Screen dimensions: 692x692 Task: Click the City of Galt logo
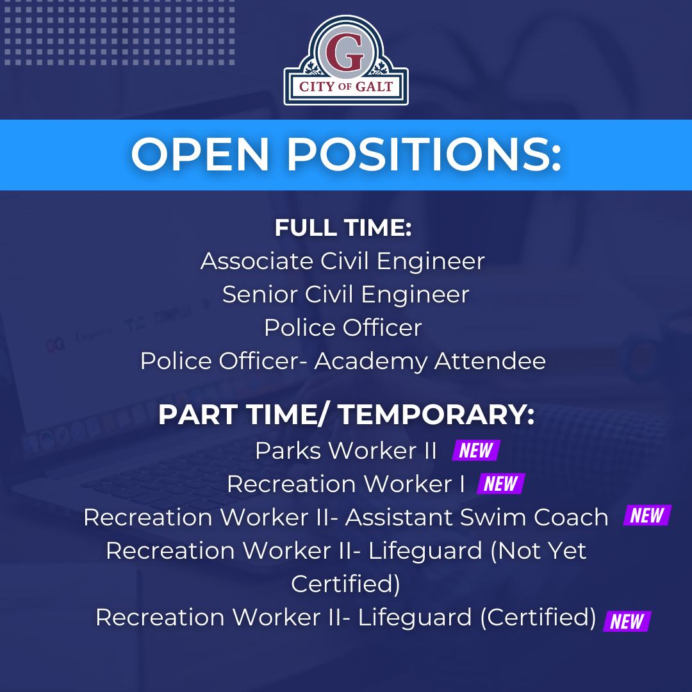click(x=346, y=61)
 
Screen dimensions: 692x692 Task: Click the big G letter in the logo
click(x=347, y=53)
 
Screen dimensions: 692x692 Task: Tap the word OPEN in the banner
click(x=201, y=154)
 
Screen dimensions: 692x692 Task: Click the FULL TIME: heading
click(x=343, y=228)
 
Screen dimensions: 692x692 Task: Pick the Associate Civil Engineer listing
click(x=343, y=261)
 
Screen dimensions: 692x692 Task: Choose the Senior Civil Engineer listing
click(x=346, y=295)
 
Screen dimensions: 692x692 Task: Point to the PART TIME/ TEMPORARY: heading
click(x=346, y=415)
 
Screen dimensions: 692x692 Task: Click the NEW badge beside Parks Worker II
click(x=476, y=450)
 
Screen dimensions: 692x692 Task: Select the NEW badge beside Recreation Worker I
click(x=501, y=484)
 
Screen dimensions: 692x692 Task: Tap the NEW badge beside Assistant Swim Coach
click(x=647, y=516)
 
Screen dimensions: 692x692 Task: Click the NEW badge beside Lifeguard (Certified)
click(x=627, y=622)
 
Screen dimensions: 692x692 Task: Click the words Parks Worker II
click(x=346, y=450)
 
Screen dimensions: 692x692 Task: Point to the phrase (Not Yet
click(x=538, y=550)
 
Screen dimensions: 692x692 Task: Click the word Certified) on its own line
click(x=346, y=584)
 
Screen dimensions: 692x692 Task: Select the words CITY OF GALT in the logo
click(x=346, y=86)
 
